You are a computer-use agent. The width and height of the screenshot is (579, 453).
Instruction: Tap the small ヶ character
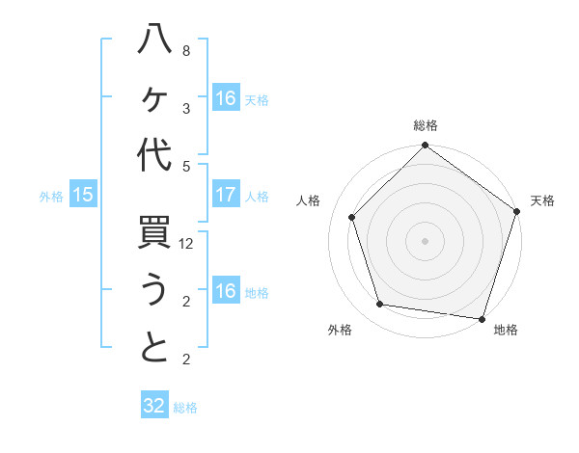[154, 100]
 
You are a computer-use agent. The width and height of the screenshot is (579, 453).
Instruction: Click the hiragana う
[154, 291]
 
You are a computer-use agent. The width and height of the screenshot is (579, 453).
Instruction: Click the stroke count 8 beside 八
[186, 51]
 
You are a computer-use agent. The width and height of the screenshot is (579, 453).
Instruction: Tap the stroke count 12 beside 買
[187, 245]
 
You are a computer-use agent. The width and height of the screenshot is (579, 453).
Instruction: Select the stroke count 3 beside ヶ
[186, 108]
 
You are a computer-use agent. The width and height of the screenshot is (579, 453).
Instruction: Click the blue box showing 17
[226, 195]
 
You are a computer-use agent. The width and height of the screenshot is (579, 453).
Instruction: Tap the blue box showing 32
[154, 406]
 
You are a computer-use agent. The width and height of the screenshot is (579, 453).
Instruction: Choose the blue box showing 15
[83, 195]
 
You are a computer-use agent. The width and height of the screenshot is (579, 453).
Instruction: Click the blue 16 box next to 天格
[226, 98]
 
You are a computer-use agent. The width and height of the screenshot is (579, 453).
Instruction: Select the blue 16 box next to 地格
[226, 291]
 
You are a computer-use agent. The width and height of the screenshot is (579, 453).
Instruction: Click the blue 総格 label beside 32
[185, 408]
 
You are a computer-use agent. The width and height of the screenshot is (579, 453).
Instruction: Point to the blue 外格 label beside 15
[51, 197]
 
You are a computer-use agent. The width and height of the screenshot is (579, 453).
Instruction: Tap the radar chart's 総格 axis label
[425, 125]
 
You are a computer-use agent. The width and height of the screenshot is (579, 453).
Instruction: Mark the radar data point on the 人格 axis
[352, 217]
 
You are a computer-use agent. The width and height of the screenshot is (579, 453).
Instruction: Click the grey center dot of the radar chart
[425, 240]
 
